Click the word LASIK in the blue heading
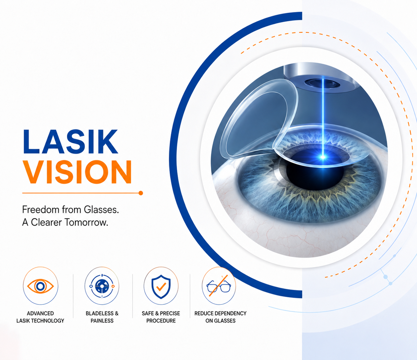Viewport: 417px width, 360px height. point(70,142)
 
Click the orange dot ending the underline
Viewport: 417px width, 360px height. point(141,193)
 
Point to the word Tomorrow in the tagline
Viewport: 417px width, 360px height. point(87,222)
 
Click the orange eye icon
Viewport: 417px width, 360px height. point(40,286)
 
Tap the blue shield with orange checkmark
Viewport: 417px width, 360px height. point(161,286)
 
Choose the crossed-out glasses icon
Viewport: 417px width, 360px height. point(219,286)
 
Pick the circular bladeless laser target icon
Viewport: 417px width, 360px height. point(102,286)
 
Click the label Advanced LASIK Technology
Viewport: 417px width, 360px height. point(40,317)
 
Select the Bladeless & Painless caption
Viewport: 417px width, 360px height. point(102,317)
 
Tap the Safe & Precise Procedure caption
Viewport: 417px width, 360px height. point(161,317)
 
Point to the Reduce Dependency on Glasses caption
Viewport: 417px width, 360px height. point(220,317)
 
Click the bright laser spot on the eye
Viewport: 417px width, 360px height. point(323,157)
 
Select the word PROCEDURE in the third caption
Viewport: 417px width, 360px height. point(161,321)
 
